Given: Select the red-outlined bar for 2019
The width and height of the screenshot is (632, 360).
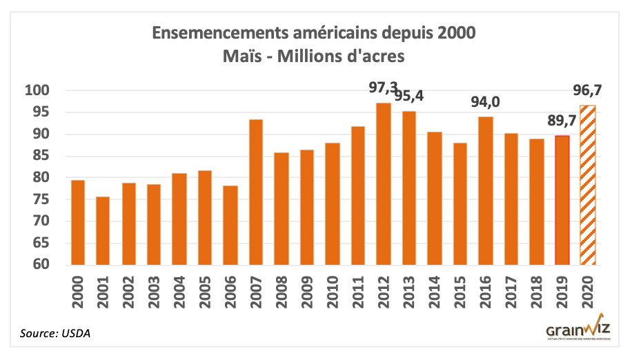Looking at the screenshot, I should (562, 200).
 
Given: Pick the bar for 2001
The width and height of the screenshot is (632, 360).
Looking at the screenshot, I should (103, 231).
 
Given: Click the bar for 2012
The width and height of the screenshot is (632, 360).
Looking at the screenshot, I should (384, 183).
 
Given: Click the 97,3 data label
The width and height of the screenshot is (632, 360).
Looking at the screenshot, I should (384, 87).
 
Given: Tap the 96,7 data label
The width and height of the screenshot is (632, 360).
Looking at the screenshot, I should (589, 90).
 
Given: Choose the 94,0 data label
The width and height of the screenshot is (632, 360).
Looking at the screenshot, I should (486, 102).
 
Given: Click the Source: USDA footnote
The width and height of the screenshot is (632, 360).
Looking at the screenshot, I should (55, 334).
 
